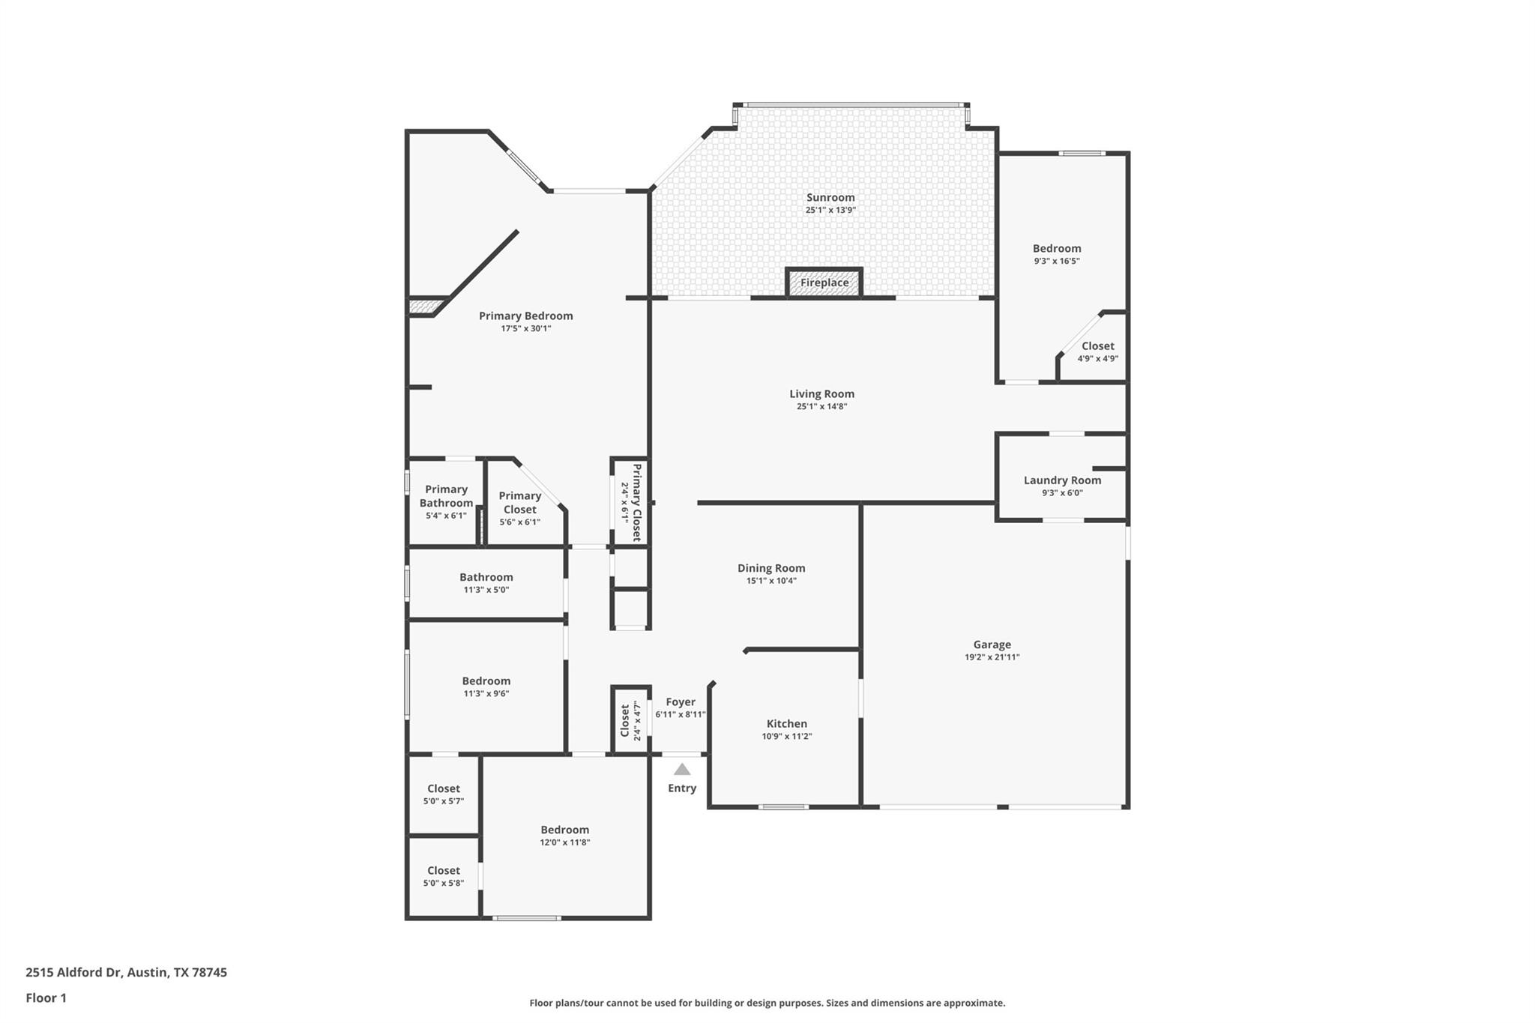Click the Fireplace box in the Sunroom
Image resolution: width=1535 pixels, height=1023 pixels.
(x=824, y=283)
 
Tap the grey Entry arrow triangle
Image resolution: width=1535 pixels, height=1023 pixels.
(x=681, y=770)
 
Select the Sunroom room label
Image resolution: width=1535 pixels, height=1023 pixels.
(x=830, y=197)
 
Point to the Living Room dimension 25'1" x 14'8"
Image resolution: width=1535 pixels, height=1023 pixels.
(x=821, y=406)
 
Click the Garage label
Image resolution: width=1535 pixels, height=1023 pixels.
(x=992, y=644)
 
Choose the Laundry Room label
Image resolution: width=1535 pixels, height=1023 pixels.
(x=1062, y=480)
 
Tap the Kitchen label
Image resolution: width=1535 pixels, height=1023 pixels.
(x=786, y=723)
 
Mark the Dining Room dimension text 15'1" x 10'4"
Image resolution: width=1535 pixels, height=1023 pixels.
(x=770, y=580)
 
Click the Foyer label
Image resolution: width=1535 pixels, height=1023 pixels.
(x=680, y=701)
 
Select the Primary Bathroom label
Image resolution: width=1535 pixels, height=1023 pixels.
(x=446, y=495)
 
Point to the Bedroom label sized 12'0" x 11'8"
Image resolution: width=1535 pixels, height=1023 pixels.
(x=564, y=829)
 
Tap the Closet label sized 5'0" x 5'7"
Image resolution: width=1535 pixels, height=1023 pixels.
(x=443, y=788)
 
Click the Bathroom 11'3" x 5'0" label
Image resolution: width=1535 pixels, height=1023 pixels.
(x=486, y=576)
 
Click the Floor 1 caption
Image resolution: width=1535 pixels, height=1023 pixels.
(x=46, y=998)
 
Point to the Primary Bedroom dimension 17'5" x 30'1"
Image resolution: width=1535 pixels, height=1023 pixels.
(x=525, y=328)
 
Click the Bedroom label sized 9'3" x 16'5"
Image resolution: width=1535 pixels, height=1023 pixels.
(x=1056, y=248)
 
